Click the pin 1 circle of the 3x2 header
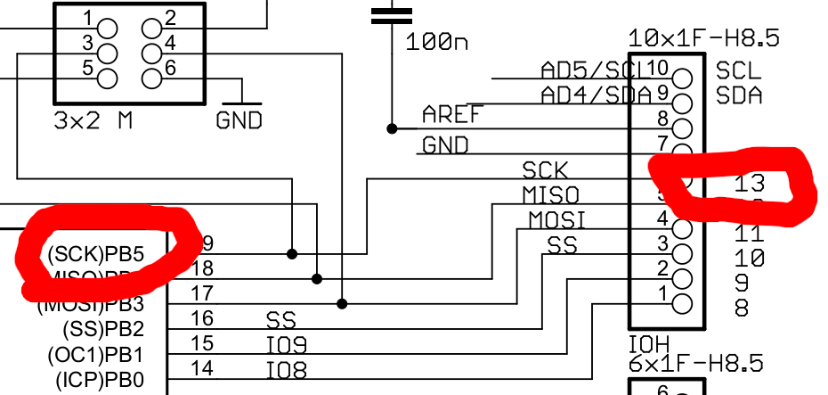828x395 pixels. [x=107, y=28]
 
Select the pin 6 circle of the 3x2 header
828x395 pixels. [x=152, y=77]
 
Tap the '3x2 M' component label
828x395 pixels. [x=93, y=120]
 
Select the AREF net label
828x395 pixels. [x=452, y=114]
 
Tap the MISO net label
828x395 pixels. [x=550, y=194]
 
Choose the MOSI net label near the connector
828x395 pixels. [x=557, y=219]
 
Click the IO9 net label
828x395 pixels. [x=287, y=344]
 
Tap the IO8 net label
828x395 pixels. [x=287, y=369]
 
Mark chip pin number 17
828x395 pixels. [x=202, y=292]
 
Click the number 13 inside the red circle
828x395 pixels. [x=751, y=185]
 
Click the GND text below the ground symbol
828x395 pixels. [x=239, y=119]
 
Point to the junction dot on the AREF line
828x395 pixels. [x=392, y=128]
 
